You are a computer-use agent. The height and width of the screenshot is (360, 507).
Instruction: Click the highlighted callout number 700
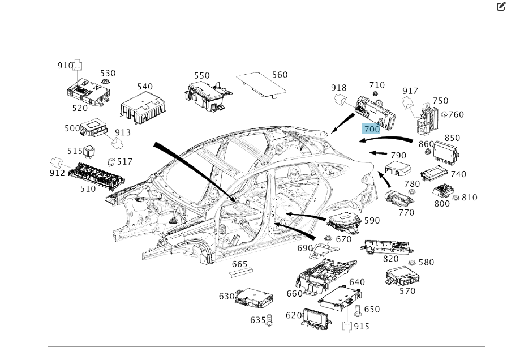tap(372, 129)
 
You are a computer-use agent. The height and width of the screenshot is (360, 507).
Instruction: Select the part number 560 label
tap(280, 75)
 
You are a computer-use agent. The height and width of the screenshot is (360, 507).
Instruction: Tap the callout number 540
tap(145, 87)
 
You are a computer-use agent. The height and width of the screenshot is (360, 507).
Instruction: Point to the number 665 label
tap(239, 264)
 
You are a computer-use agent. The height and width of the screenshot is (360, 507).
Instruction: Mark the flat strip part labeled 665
tap(240, 272)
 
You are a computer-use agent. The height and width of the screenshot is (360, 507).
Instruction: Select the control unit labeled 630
tap(253, 296)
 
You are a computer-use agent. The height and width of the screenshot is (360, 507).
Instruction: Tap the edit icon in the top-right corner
tap(500, 7)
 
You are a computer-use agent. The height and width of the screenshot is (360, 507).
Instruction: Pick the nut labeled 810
tap(456, 198)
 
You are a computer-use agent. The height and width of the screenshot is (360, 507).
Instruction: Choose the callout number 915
tap(361, 327)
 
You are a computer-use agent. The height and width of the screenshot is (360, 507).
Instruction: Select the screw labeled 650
tap(358, 310)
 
